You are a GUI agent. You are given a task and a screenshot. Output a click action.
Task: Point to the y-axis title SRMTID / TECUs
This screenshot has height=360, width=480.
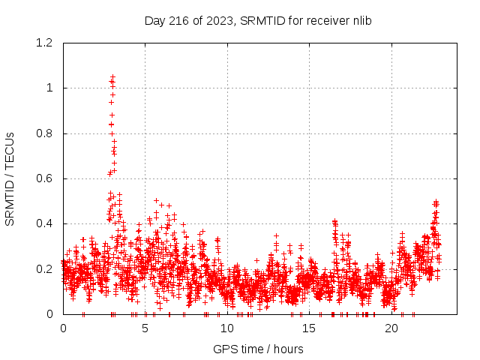(10, 178)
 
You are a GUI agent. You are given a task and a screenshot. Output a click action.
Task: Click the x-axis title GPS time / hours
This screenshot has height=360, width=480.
(258, 349)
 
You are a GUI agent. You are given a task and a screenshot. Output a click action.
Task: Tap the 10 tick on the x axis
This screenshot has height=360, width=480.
(226, 328)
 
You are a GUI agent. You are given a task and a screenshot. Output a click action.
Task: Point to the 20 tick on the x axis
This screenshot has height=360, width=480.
(391, 328)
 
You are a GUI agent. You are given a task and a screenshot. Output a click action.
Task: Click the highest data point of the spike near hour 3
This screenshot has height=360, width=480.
(112, 77)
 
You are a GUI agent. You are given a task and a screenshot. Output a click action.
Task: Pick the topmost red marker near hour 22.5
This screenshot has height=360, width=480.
(436, 202)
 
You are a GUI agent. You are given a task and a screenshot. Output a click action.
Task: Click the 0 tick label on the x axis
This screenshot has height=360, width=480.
(62, 328)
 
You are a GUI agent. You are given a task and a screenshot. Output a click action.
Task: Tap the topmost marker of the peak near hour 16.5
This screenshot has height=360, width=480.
(334, 221)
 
